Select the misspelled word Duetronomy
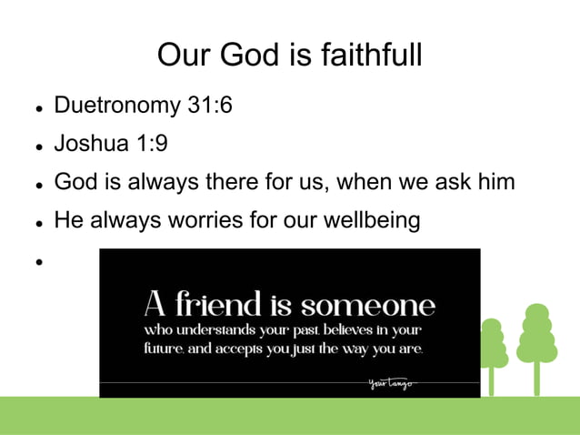(x=117, y=106)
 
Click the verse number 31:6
(x=209, y=106)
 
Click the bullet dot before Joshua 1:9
(x=40, y=146)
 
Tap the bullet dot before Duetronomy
(x=40, y=107)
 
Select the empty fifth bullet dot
(x=40, y=261)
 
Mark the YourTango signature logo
(x=392, y=383)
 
